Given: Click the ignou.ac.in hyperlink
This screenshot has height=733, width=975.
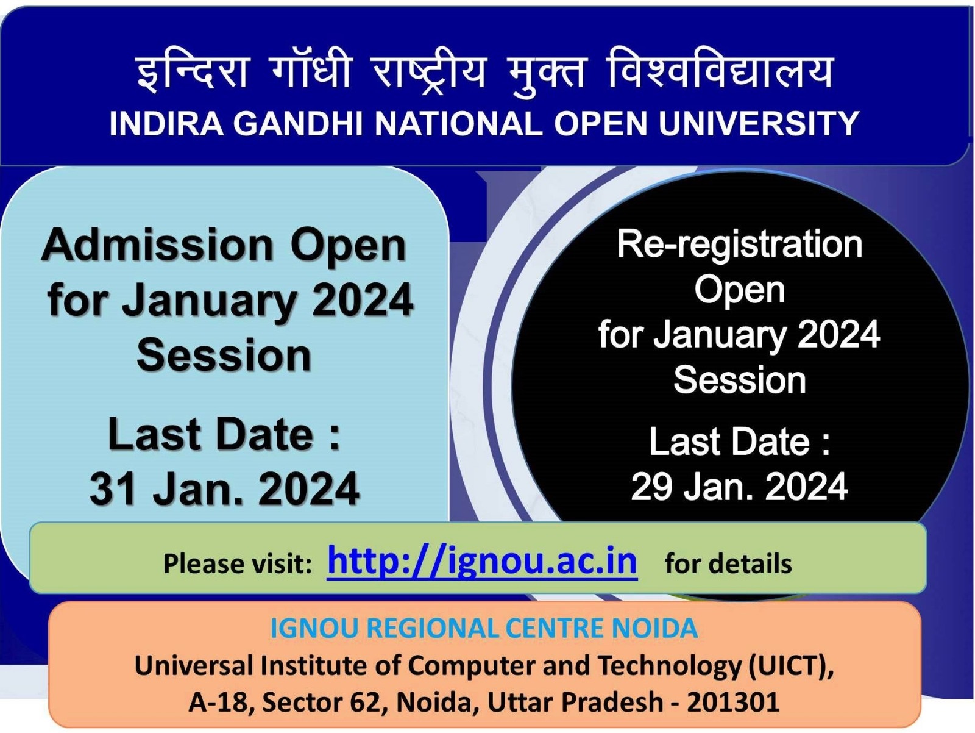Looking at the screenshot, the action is point(483,562).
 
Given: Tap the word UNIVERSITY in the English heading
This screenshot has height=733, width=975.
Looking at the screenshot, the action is point(758,123).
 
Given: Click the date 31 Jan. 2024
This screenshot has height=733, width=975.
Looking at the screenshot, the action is point(225,488).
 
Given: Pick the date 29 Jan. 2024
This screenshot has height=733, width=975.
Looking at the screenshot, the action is point(739,487).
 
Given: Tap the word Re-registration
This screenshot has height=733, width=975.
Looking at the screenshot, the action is point(740,245).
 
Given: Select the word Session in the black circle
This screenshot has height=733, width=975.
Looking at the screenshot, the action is point(740,380).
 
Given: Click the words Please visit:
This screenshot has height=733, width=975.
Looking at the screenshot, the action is point(238,563).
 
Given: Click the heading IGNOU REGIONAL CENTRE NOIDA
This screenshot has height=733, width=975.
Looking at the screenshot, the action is point(484,629).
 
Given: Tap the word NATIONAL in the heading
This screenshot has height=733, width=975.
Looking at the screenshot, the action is point(458,123).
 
